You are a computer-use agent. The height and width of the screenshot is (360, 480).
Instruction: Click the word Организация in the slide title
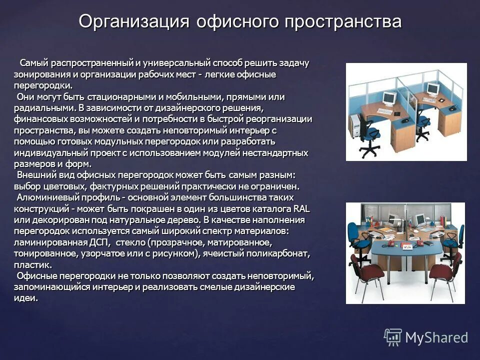click(133, 22)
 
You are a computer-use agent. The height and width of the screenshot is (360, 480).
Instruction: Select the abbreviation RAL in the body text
click(302, 208)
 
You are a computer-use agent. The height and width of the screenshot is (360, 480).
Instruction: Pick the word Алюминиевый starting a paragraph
click(45, 197)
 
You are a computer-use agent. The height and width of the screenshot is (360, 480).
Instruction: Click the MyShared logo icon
click(393, 337)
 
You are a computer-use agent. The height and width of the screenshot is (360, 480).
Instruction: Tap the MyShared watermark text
click(436, 337)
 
